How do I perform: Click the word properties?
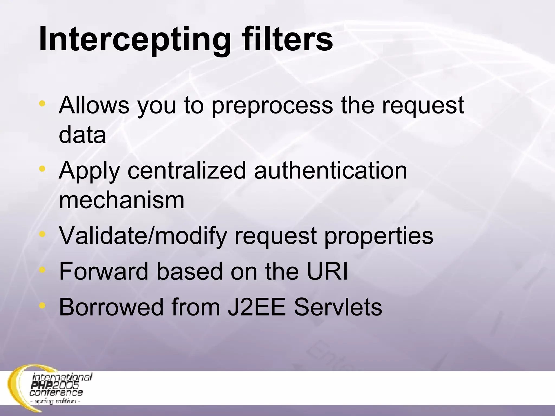379,236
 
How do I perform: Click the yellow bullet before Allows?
42,103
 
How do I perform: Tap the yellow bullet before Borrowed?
42,305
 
